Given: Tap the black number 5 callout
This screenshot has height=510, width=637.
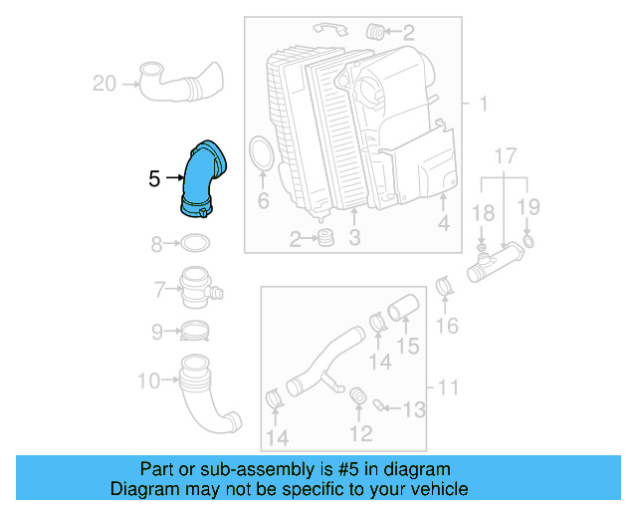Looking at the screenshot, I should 154,179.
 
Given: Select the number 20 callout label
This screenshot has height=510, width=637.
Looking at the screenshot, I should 105,84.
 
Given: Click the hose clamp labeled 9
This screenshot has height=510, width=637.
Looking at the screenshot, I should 195,331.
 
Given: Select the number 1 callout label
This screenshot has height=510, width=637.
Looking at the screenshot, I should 483,104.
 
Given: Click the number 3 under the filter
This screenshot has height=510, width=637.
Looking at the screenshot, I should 353,238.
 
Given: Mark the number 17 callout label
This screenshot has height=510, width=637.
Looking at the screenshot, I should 505,156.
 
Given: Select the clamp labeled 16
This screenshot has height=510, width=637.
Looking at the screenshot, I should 445,290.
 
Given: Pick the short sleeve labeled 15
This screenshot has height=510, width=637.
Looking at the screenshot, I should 400,314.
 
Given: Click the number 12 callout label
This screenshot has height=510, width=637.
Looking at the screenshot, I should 360,432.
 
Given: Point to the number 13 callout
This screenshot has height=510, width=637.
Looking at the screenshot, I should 413,407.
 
